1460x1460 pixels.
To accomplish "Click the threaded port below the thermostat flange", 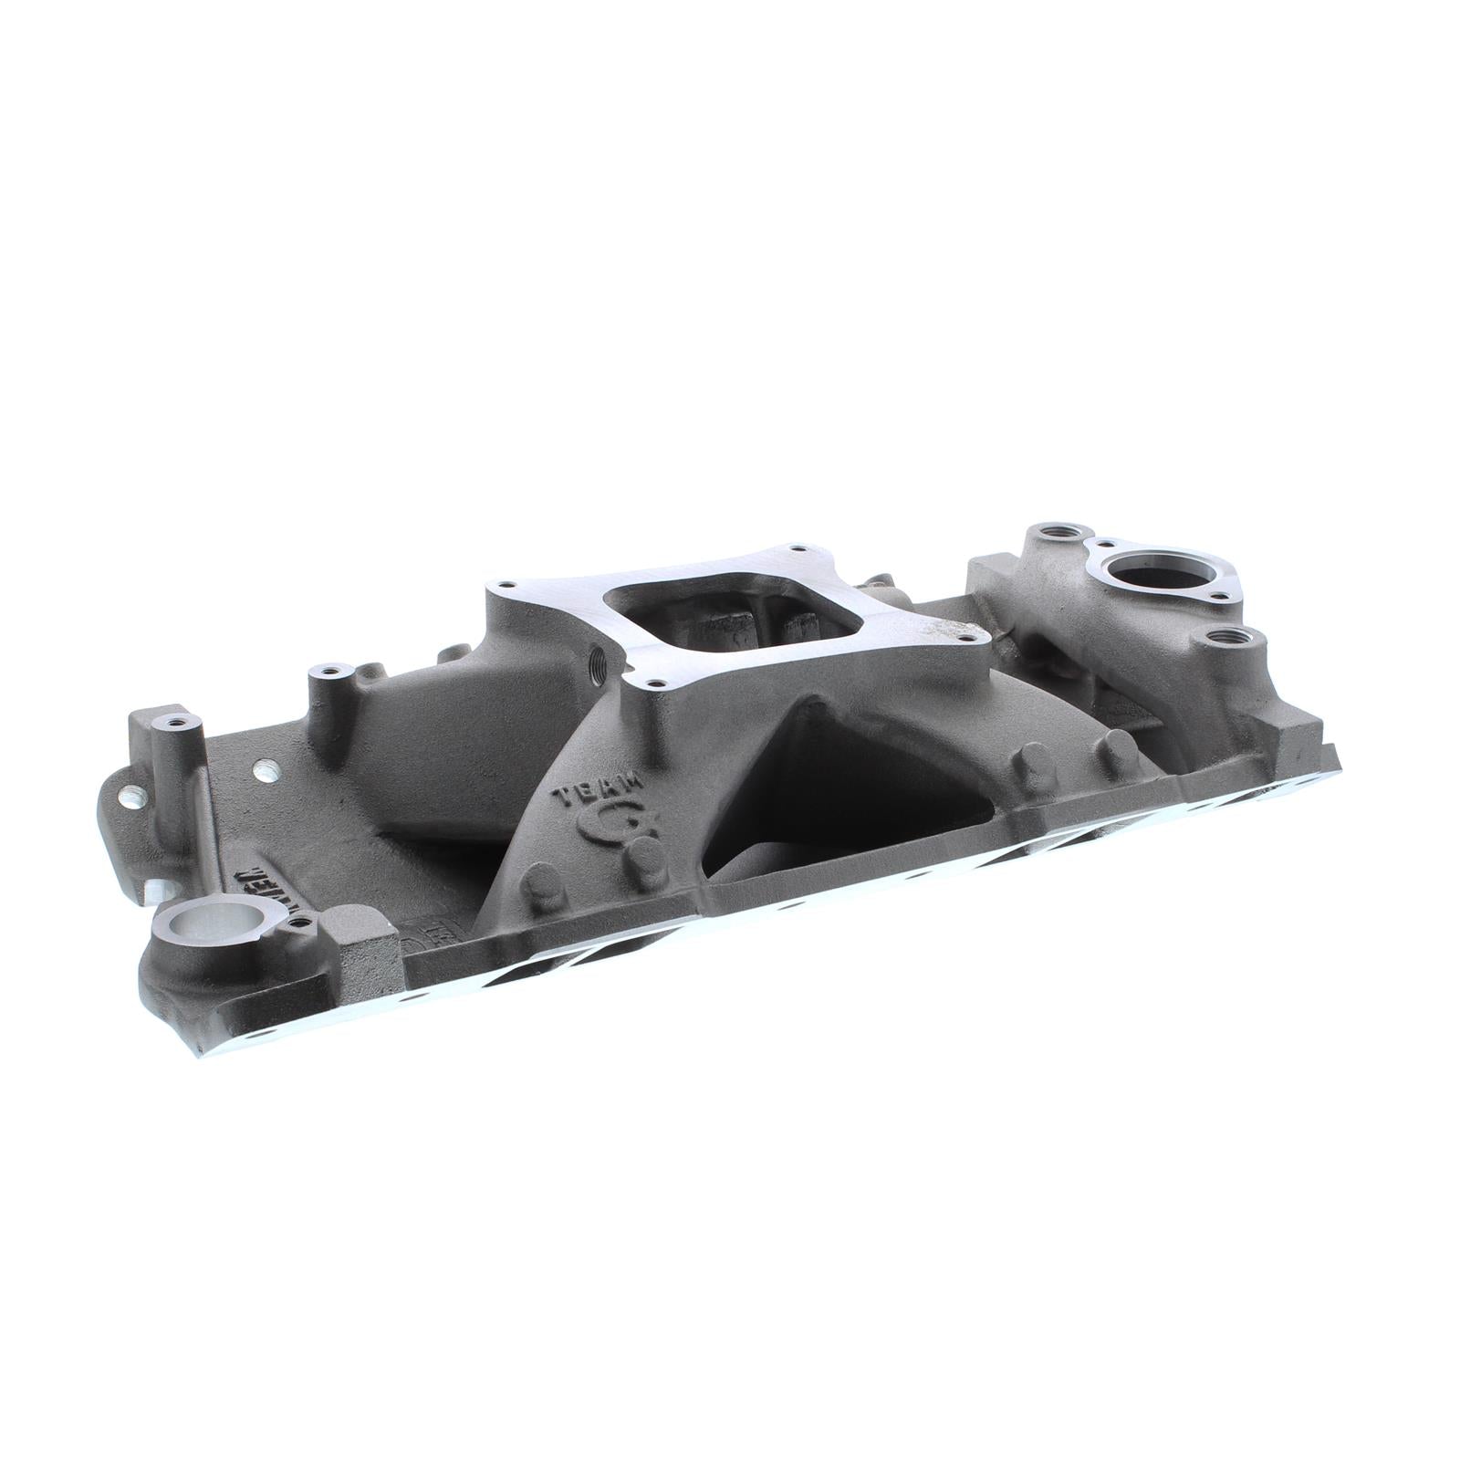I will pos(1222,636).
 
